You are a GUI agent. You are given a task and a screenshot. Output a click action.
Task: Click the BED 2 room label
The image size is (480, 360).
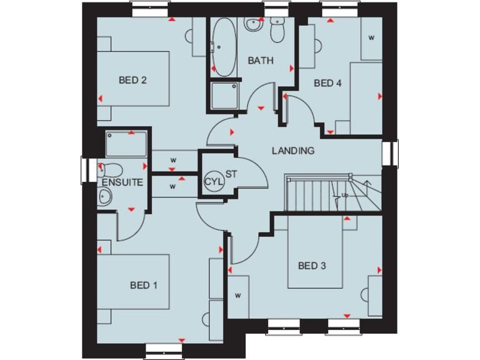(x=132, y=80)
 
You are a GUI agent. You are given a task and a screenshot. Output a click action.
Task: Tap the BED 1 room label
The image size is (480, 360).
(x=144, y=285)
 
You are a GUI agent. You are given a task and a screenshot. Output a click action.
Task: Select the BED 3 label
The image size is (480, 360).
(x=312, y=266)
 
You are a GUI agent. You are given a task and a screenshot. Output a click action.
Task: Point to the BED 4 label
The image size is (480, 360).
(x=327, y=83)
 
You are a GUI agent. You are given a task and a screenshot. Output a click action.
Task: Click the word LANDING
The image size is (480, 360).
(x=292, y=151)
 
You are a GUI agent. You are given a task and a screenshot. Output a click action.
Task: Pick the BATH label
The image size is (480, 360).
(x=260, y=61)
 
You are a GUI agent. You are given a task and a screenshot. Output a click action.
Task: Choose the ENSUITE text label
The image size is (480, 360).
(x=122, y=182)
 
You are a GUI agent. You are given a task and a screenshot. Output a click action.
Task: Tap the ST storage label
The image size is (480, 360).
(x=231, y=173)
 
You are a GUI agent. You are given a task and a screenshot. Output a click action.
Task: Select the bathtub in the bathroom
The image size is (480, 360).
(x=222, y=47)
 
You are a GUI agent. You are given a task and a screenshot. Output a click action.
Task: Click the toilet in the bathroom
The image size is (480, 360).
(x=277, y=29)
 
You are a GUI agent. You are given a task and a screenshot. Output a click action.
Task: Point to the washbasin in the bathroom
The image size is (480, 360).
(x=254, y=24)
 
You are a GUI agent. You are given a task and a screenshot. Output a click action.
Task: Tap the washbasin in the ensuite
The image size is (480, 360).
(x=105, y=196)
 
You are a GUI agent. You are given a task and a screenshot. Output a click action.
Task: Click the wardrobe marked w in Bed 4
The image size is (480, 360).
(x=371, y=38)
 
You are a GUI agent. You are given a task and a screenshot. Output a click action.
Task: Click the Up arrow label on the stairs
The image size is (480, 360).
(x=344, y=196)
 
